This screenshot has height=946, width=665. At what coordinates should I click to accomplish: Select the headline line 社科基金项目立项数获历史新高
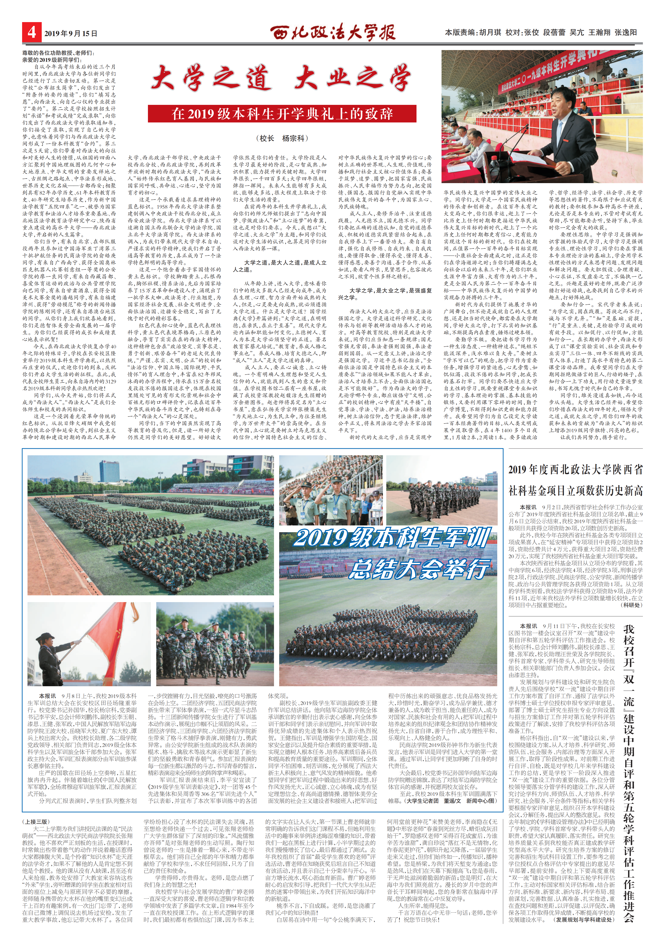pos(575,490)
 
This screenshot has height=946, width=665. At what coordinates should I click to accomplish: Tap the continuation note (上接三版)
pos(36,810)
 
